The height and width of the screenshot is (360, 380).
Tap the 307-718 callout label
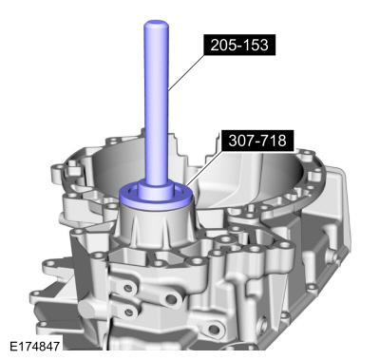coord(256,142)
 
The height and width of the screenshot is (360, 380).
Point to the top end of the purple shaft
coord(154,27)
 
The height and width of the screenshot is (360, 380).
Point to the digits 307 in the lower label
coord(241,142)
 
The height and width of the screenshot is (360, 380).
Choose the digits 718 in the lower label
coord(274,142)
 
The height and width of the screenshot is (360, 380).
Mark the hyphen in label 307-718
coord(257,142)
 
